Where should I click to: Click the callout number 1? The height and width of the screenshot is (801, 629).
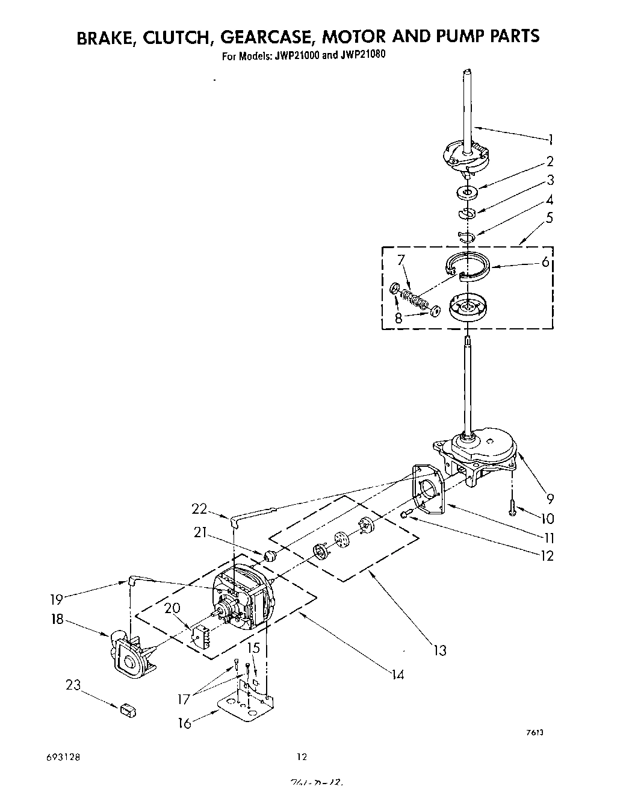[x=550, y=140]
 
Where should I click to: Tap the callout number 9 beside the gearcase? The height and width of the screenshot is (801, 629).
[x=550, y=498]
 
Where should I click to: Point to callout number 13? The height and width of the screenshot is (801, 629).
[x=441, y=650]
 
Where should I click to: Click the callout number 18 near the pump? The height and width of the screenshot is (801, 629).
[x=57, y=619]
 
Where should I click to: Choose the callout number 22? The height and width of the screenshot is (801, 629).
[x=199, y=509]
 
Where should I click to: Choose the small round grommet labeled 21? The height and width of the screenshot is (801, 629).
[x=270, y=554]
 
